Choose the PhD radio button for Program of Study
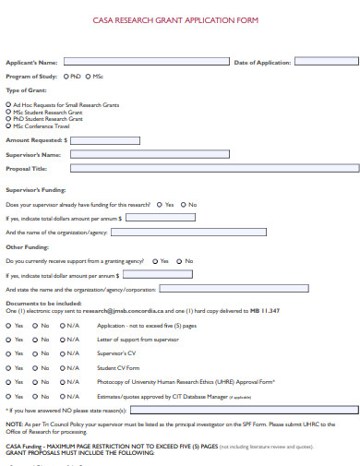point(56,77)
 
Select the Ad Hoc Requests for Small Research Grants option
point(8,104)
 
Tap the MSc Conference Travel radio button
point(8,124)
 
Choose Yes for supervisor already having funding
point(160,204)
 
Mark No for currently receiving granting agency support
point(180,261)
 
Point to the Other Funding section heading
point(26,247)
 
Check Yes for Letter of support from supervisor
point(8,340)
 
